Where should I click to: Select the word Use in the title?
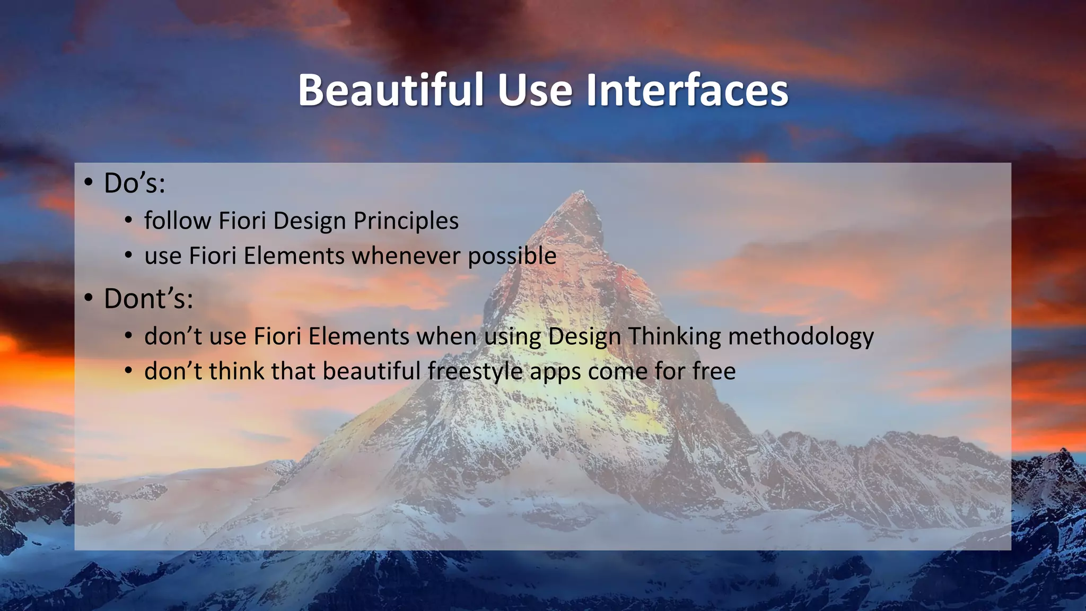pyautogui.click(x=535, y=90)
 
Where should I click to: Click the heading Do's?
pyautogui.click(x=135, y=184)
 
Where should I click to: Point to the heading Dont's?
pyautogui.click(x=148, y=299)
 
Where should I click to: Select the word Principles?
pyautogui.click(x=406, y=221)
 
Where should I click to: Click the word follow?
pyautogui.click(x=178, y=221)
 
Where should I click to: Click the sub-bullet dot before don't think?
pyautogui.click(x=128, y=371)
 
